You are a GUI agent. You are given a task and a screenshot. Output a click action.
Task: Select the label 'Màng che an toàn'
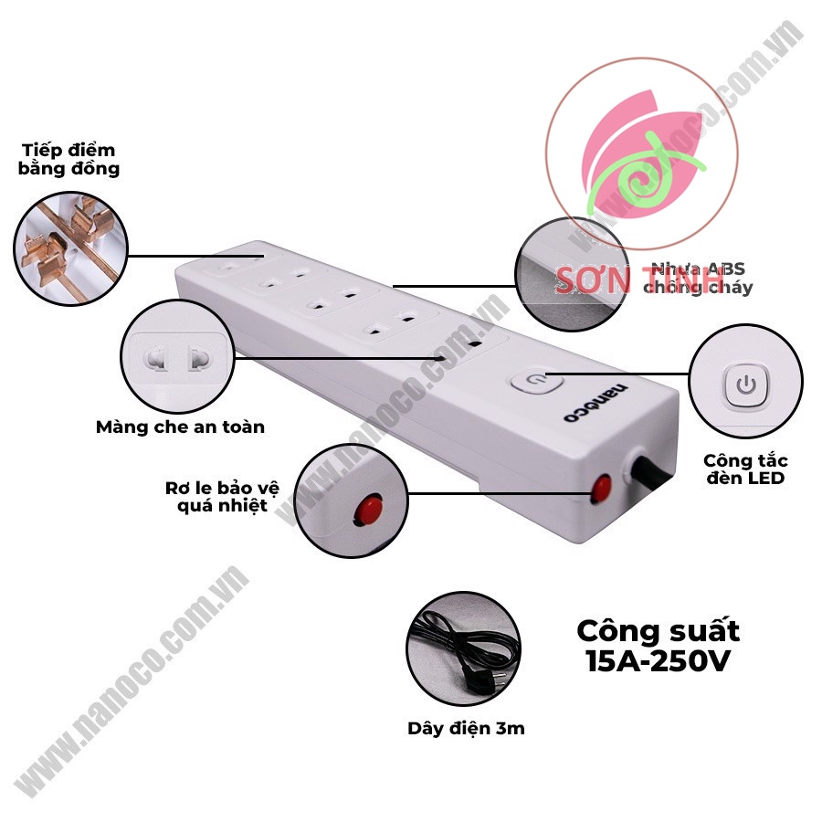[180, 427]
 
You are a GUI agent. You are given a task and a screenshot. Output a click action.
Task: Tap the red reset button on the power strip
[601, 489]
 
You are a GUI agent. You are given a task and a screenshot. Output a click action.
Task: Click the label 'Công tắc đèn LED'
[746, 469]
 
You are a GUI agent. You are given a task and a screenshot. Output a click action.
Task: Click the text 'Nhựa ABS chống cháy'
[699, 279]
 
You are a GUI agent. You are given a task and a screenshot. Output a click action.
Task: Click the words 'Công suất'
[658, 630]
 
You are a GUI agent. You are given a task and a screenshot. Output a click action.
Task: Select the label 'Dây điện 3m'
[466, 728]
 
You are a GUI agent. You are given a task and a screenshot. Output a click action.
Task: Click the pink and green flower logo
[643, 164]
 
